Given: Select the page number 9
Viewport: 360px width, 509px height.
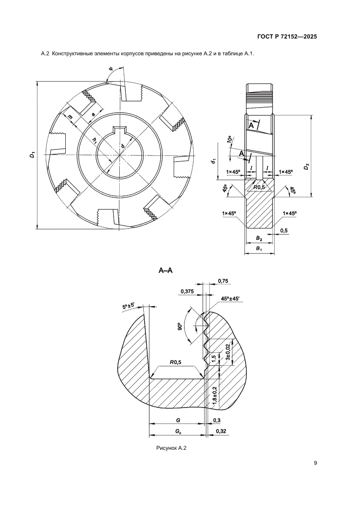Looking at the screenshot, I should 315,463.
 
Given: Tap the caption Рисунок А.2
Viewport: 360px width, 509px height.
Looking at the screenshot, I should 171,448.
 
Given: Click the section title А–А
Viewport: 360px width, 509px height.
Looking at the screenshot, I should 165,271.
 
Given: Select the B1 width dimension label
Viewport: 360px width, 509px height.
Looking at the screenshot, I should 259,248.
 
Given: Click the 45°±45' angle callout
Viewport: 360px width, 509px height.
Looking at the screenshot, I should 233,299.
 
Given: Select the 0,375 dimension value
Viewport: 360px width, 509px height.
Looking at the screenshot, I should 187,291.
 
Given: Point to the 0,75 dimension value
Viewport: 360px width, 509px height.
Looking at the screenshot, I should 223,281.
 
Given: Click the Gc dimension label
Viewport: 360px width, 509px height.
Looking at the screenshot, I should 178,431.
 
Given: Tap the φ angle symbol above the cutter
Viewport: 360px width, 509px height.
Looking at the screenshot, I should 111,69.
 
